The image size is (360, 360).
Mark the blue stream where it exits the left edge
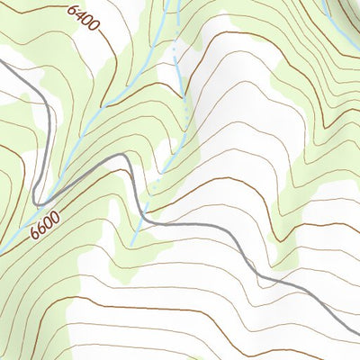coord(2,249)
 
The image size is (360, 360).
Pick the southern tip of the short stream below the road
coord(132,244)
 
